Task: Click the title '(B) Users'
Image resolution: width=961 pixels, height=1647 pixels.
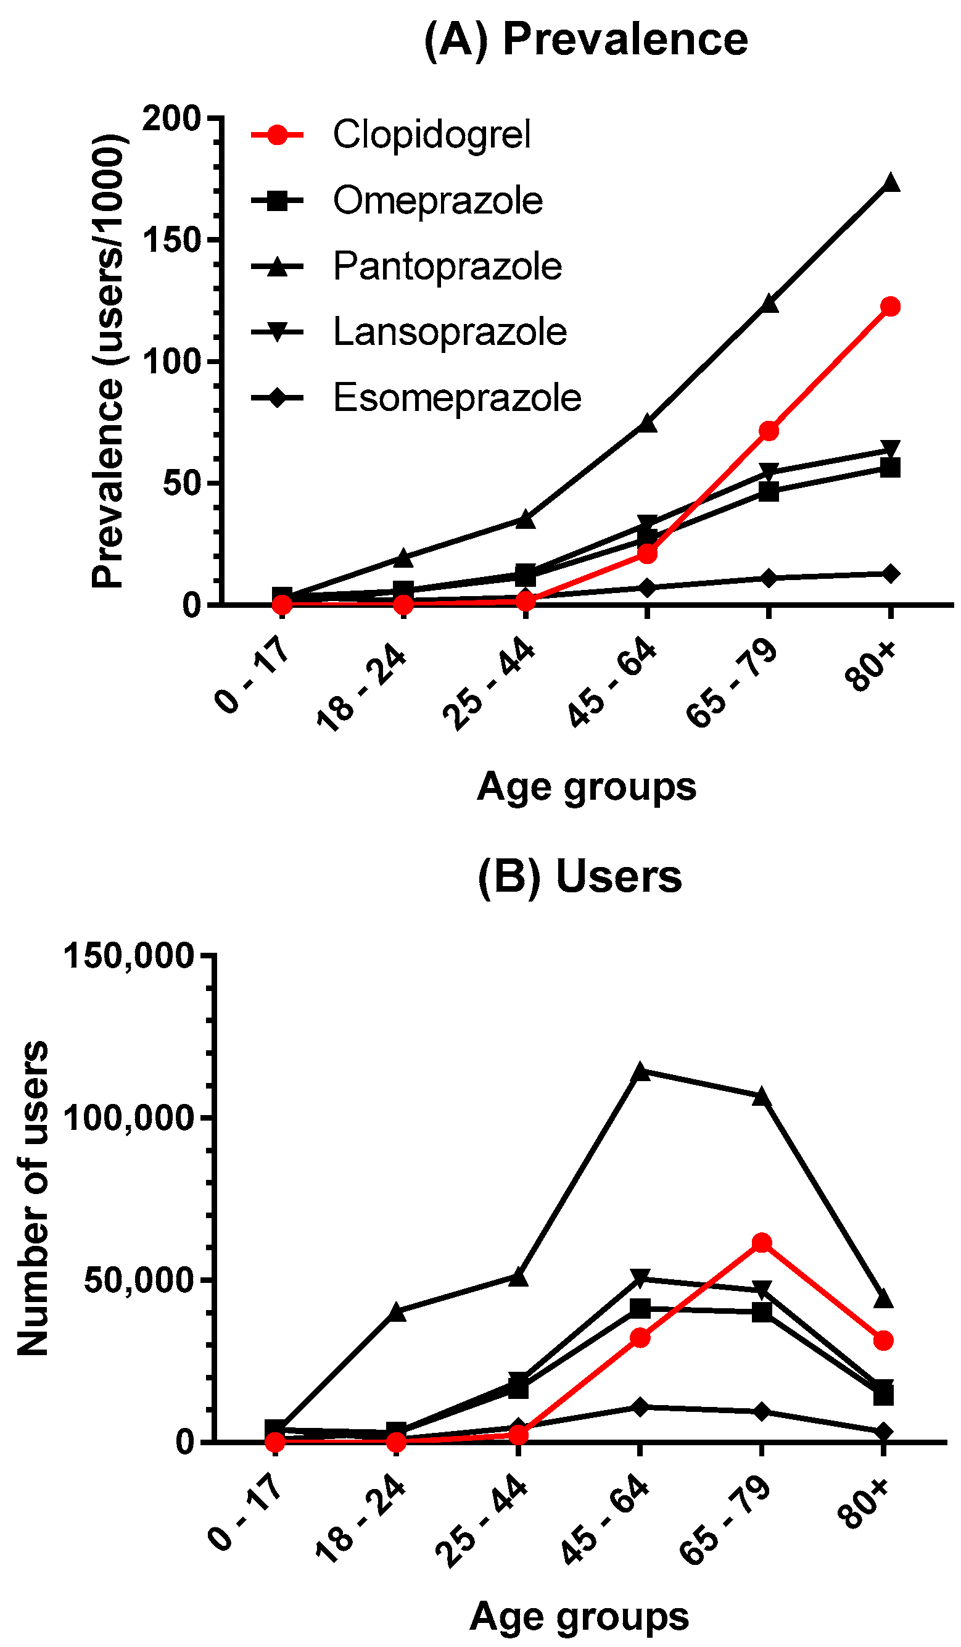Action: pos(579,876)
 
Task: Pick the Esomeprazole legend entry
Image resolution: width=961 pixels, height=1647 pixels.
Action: pos(416,397)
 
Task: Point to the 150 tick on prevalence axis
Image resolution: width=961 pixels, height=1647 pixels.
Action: pos(172,240)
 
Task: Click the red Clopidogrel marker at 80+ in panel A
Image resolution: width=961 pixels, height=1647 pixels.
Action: pos(890,307)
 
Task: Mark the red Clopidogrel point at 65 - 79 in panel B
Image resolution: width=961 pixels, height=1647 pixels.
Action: pos(761,1243)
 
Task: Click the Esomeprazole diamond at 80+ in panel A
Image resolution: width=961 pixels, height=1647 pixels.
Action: pos(890,574)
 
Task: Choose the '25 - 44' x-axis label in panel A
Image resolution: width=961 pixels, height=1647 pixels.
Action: pos(488,686)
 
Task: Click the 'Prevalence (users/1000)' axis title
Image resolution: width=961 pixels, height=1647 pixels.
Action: pos(108,361)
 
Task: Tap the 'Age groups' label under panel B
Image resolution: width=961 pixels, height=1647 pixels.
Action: pos(579,1616)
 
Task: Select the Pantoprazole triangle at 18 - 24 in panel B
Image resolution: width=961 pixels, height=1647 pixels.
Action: pos(397,1311)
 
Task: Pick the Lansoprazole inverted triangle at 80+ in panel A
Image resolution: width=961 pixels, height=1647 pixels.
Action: pos(890,449)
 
